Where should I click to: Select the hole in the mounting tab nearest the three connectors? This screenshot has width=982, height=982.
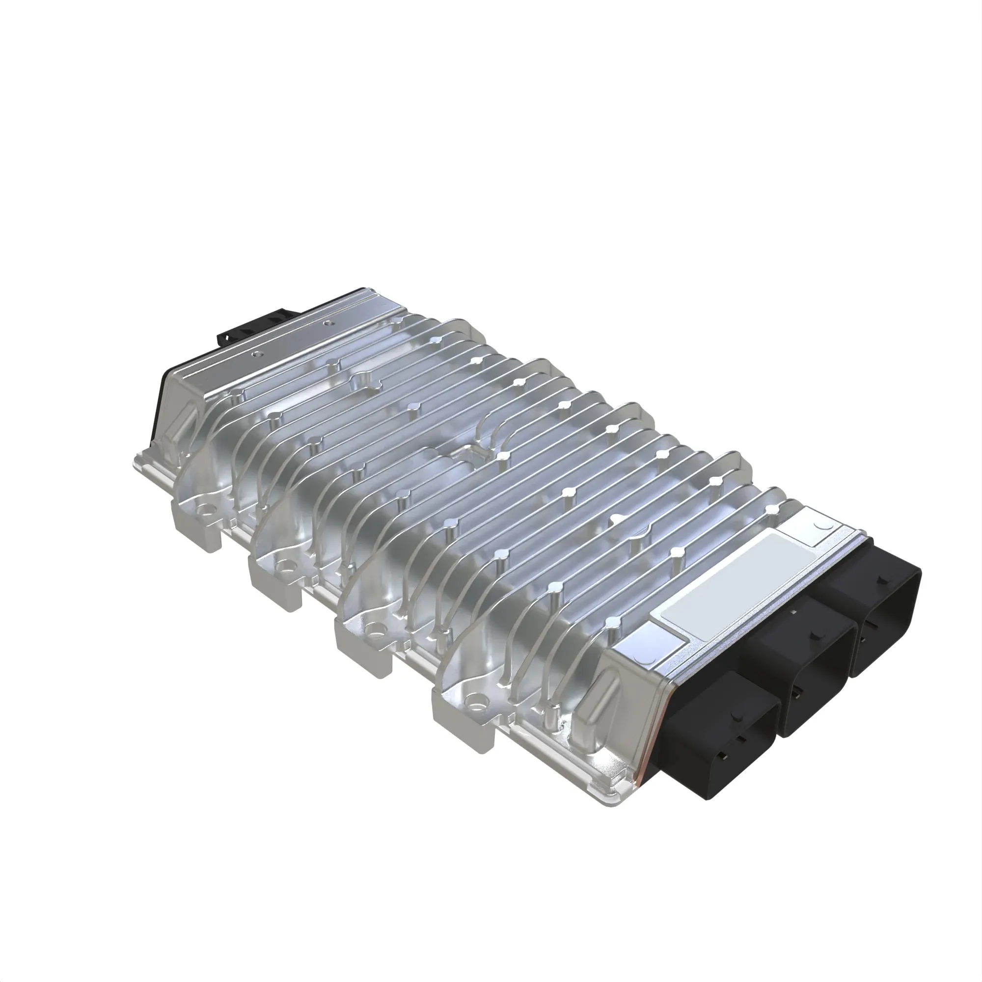(x=475, y=702)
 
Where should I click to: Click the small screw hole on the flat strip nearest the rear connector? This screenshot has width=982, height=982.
(x=328, y=322)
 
